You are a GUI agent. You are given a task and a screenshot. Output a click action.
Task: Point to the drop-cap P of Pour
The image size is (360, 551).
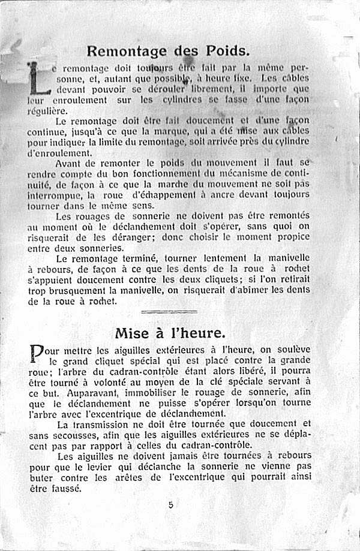(37, 354)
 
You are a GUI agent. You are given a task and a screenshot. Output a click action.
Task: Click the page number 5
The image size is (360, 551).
(171, 505)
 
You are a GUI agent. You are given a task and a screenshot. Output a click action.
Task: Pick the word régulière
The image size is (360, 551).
(48, 111)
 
